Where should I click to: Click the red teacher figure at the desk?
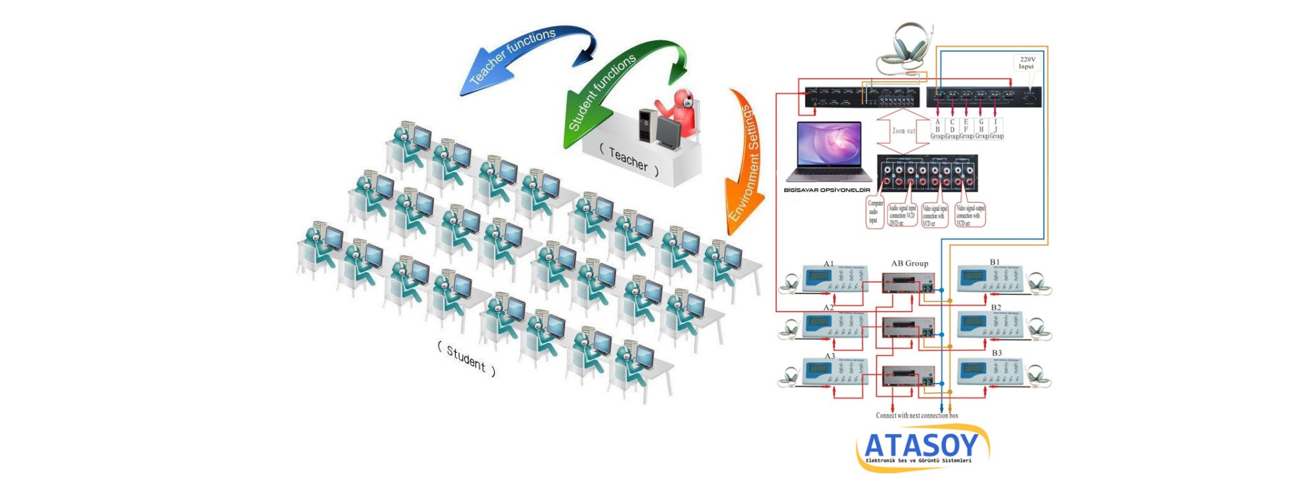point(681,112)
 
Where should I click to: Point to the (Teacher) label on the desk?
point(628,160)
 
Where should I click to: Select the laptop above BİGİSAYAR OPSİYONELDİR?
point(829,152)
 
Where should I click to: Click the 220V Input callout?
point(1027,63)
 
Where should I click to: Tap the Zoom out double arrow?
point(903,131)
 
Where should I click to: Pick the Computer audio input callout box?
point(875,212)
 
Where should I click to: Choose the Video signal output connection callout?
point(970,215)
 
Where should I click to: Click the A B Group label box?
point(937,129)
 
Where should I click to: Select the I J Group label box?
point(996,129)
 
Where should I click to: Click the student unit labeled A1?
point(834,279)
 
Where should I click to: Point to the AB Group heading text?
point(910,264)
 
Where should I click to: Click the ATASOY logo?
point(922,448)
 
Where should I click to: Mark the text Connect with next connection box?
point(916,415)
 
